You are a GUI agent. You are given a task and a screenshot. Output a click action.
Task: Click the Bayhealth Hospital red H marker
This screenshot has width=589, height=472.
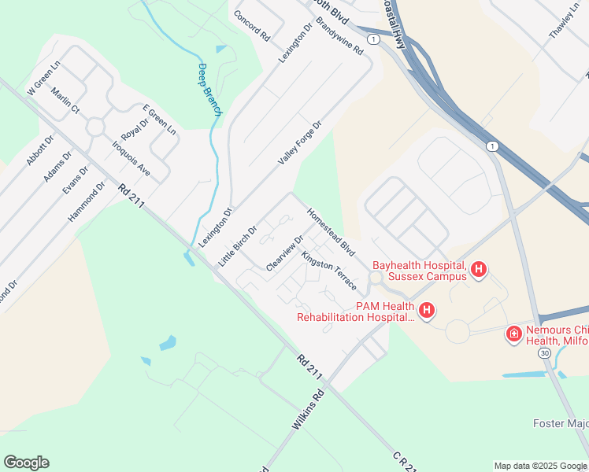click(x=478, y=271)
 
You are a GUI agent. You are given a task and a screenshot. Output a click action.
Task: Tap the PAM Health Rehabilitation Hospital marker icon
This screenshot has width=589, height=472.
click(x=426, y=311)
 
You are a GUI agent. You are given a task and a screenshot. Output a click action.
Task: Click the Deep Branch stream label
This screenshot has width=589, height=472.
click(x=209, y=90)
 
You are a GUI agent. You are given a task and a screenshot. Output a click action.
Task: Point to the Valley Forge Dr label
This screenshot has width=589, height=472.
click(x=300, y=142)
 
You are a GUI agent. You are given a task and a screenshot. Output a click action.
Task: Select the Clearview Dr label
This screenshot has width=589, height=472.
click(x=284, y=254)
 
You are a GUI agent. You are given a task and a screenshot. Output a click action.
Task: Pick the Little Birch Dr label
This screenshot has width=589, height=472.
click(x=239, y=245)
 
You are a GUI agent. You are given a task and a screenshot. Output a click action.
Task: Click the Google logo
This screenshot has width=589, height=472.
click(x=26, y=462)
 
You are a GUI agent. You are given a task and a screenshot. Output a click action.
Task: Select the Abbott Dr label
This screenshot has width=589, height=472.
click(x=39, y=149)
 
